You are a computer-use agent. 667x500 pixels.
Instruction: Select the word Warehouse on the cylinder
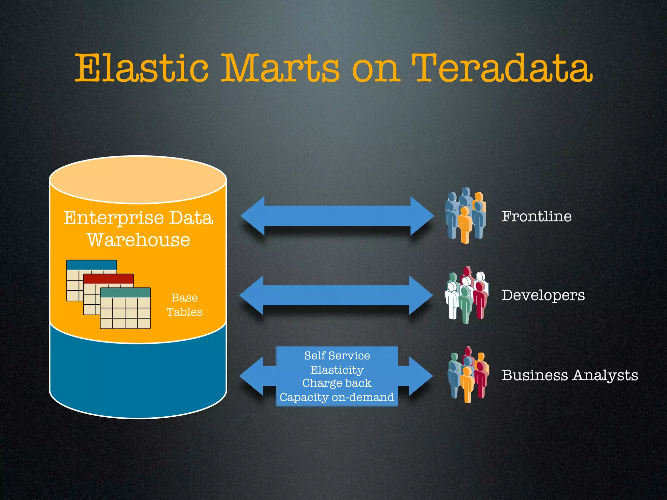(138, 240)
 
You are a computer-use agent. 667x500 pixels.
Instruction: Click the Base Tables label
(184, 305)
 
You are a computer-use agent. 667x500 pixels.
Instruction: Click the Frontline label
(536, 216)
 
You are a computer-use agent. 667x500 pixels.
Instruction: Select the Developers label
(543, 295)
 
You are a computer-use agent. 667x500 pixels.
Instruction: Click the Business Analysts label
(570, 375)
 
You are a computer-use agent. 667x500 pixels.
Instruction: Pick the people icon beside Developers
(466, 295)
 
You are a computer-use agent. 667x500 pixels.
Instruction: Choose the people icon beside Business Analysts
(468, 375)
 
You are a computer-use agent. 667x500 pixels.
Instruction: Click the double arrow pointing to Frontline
(337, 216)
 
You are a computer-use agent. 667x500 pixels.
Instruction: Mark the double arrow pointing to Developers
(336, 295)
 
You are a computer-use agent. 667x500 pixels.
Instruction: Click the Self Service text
(337, 355)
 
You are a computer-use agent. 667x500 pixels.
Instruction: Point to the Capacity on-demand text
(337, 397)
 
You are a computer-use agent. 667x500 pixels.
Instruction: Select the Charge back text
(337, 383)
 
